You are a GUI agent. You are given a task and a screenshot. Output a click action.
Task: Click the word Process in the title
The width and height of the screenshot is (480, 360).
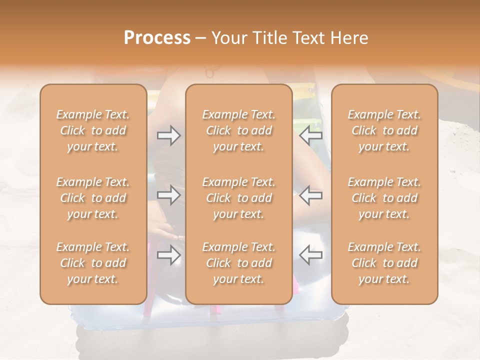click(x=157, y=38)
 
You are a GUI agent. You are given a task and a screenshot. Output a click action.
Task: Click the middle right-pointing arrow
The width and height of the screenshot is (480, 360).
click(x=168, y=195)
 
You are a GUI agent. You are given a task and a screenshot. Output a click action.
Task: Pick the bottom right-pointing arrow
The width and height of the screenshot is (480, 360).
click(x=168, y=255)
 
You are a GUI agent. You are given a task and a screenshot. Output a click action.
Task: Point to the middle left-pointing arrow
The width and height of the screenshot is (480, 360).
click(x=311, y=195)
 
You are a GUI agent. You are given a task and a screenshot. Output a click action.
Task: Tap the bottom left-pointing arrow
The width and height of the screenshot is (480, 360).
click(x=311, y=255)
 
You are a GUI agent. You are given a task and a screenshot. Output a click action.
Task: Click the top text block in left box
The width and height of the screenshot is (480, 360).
click(x=93, y=130)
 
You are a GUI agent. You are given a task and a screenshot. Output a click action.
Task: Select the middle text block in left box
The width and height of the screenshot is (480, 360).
click(x=93, y=198)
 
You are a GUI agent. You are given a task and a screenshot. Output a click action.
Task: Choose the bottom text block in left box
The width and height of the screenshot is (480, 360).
click(x=93, y=263)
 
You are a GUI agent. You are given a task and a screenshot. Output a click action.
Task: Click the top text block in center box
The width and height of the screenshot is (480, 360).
click(x=239, y=130)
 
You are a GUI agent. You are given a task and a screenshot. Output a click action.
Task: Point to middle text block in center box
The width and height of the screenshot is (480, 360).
click(x=239, y=198)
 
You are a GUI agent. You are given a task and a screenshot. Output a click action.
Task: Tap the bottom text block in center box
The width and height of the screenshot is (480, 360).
click(x=239, y=263)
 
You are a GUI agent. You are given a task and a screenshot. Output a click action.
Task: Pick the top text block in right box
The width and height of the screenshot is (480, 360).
click(x=384, y=130)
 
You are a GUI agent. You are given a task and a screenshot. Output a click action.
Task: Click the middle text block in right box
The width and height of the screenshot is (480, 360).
click(x=384, y=198)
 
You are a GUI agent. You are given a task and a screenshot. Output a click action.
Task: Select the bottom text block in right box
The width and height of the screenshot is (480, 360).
click(x=384, y=263)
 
